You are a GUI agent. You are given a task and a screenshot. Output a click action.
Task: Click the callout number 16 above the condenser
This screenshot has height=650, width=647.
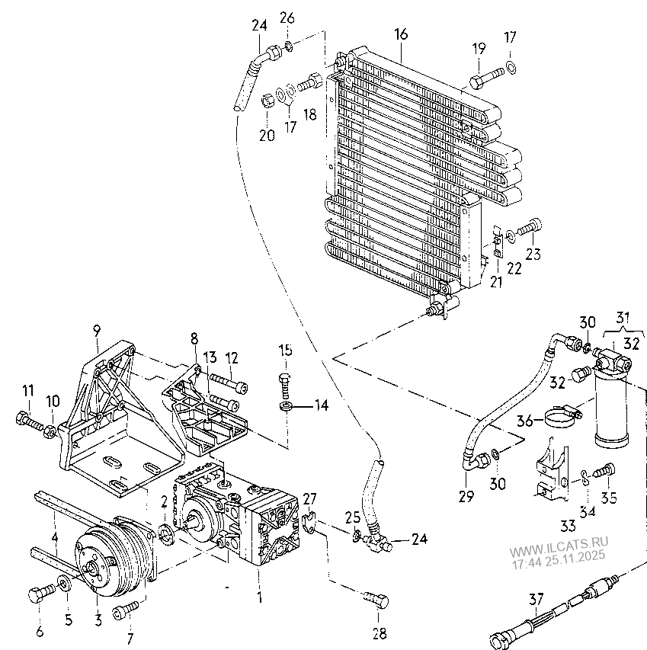tap(401, 34)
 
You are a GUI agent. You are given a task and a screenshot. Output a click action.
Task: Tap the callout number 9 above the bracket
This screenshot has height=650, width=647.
tap(97, 331)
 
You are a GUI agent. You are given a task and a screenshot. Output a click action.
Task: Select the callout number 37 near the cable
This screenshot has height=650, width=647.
tap(536, 599)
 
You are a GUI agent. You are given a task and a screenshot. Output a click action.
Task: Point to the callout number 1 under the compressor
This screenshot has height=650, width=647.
tap(260, 597)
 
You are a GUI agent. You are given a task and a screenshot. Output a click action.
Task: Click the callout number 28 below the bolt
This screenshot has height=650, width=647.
tap(380, 633)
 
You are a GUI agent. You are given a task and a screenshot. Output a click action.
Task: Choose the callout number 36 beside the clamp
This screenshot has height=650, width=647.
tap(525, 421)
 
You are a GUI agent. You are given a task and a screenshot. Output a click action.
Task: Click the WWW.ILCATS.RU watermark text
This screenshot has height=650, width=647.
tap(559, 546)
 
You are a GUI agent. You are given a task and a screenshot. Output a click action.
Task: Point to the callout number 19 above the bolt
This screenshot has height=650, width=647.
tap(479, 49)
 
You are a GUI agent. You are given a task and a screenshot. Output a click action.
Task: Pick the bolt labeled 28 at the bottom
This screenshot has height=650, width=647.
tap(376, 600)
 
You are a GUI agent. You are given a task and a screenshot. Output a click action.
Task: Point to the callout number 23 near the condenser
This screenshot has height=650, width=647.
tap(533, 254)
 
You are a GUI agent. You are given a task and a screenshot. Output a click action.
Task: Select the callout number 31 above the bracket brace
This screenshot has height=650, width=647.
tap(623, 318)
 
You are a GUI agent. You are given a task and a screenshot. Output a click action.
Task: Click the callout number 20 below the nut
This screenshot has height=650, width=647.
tap(267, 135)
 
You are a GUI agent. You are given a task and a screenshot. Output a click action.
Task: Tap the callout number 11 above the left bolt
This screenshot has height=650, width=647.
tap(28, 390)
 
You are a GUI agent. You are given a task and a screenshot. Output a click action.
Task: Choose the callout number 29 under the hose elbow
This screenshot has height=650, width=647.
tap(466, 496)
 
